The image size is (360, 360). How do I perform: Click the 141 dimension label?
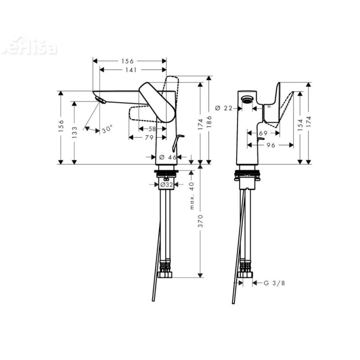pos(132,70)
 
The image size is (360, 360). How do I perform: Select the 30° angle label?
pos(107,130)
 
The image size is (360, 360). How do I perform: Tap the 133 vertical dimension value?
pos(75,132)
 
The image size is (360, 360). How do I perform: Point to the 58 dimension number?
pos(152,129)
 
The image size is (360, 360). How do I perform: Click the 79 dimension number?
pos(148,137)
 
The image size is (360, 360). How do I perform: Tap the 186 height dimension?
pos(209,120)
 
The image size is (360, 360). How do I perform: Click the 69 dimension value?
pos(264,133)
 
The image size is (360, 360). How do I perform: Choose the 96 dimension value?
pos(270,145)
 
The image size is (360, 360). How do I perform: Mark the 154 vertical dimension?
pos(300,125)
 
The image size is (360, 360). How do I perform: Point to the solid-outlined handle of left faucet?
pos(157,101)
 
